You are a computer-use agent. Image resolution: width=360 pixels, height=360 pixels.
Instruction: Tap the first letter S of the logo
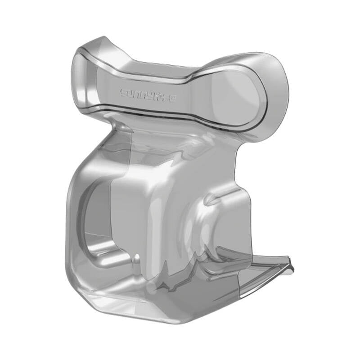tap(123, 93)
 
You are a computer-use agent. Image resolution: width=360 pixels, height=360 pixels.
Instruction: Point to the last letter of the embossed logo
tap(174, 96)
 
